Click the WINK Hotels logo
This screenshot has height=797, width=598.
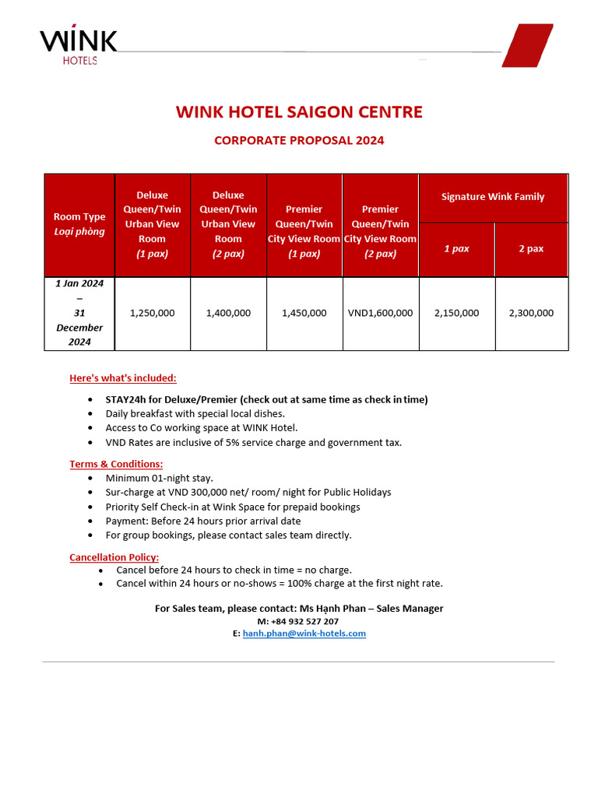[78, 46]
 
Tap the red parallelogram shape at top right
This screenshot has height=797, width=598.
[527, 45]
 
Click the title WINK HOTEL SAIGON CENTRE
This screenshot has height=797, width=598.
[299, 112]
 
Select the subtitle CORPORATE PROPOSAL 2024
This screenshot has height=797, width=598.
[299, 141]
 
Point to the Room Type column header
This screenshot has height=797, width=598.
[79, 224]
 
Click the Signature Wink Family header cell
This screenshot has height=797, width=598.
[493, 197]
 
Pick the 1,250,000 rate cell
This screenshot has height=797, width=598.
[153, 313]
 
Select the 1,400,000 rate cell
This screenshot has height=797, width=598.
[228, 313]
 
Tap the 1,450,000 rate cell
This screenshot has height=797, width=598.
[304, 313]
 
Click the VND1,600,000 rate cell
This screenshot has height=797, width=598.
[381, 313]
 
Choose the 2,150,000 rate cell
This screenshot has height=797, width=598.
[457, 313]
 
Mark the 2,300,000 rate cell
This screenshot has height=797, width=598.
[531, 313]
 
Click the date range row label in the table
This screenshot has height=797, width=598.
[79, 313]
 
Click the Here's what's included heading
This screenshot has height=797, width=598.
[123, 378]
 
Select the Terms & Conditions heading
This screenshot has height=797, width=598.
[116, 464]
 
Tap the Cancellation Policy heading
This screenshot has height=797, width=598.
[114, 557]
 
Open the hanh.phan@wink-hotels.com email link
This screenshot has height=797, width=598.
[304, 634]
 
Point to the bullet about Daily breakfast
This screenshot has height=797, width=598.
[195, 413]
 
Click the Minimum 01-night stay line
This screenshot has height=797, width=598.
[159, 478]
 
